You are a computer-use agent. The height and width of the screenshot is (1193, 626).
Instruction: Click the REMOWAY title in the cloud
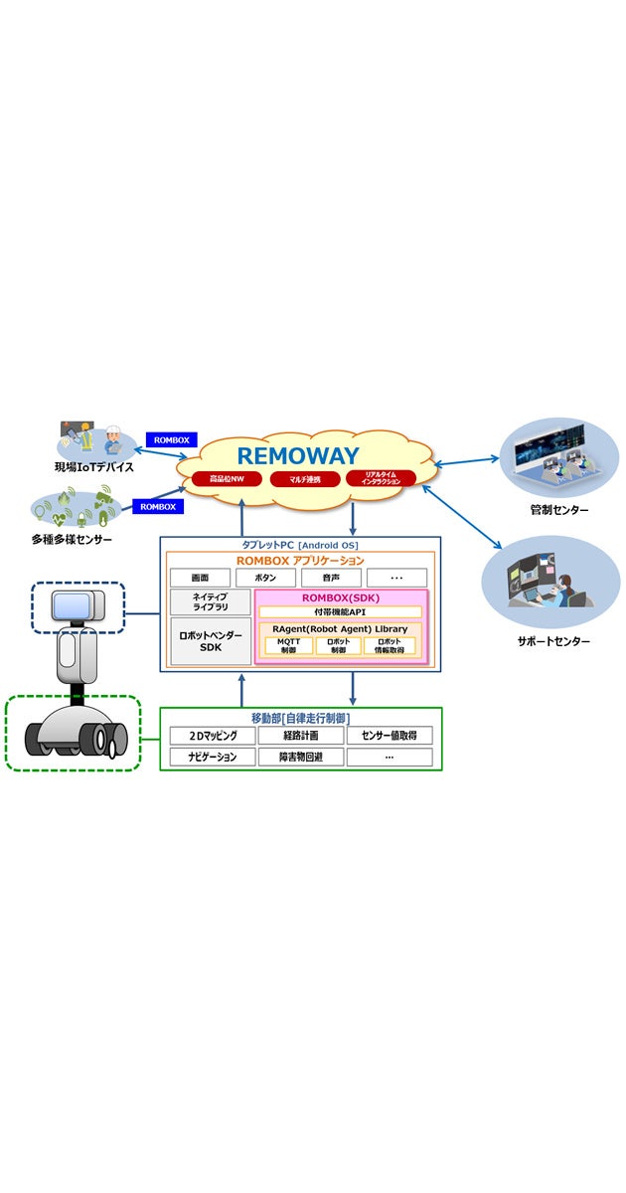[298, 455]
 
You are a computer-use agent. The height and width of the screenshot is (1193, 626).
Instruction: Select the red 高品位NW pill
[227, 479]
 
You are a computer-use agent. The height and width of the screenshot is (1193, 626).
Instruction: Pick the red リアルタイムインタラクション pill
[383, 478]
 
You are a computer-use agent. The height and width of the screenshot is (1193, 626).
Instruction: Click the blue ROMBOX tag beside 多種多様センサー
[157, 506]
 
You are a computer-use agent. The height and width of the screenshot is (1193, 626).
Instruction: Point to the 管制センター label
[558, 510]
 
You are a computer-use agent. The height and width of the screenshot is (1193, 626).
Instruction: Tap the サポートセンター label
[552, 642]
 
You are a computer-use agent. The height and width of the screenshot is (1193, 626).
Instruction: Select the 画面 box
[200, 578]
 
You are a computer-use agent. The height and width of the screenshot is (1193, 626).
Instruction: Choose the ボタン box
[265, 578]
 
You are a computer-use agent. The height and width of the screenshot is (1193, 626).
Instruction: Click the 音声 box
[331, 578]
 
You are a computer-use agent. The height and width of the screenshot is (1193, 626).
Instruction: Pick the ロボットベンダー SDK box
[210, 640]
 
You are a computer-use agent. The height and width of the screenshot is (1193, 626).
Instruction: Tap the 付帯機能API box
[340, 612]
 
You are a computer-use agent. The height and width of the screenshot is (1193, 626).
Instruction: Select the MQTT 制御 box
[288, 645]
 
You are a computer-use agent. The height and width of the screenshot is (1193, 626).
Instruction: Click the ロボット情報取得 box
[389, 645]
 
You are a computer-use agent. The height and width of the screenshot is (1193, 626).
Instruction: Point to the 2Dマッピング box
[210, 736]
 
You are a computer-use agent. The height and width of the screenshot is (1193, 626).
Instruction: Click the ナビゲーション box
[210, 758]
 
